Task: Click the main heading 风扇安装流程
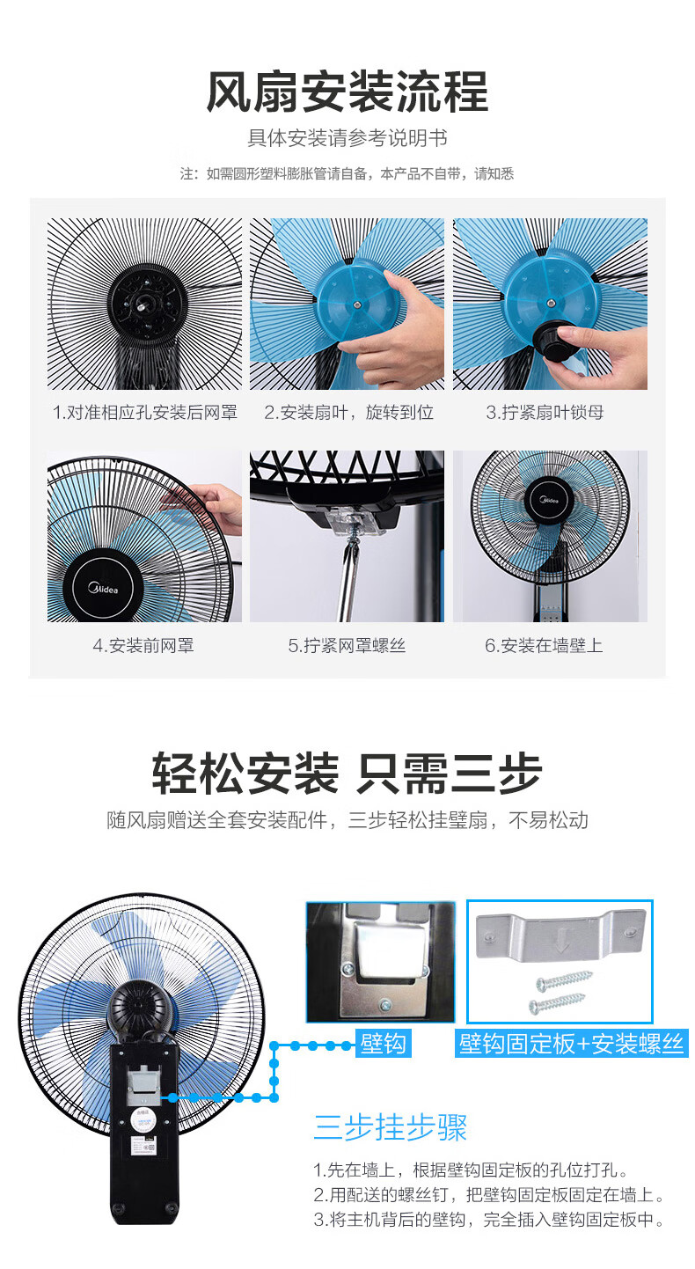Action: click(x=347, y=92)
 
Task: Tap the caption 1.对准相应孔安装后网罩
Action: click(x=145, y=412)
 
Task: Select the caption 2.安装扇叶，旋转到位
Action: click(x=349, y=412)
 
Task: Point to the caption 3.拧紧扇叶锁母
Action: click(x=545, y=412)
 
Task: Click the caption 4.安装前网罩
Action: click(x=143, y=645)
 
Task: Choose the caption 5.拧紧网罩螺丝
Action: click(x=347, y=645)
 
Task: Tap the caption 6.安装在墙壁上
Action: click(x=544, y=645)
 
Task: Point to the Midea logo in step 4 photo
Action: click(x=103, y=589)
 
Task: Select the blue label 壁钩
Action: click(x=383, y=1043)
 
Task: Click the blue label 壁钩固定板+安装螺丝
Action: click(x=572, y=1043)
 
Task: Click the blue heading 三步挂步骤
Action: click(x=391, y=1126)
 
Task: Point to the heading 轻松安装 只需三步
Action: click(x=347, y=774)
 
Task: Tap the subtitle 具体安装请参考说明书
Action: click(x=347, y=137)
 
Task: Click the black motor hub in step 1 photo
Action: click(x=146, y=302)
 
